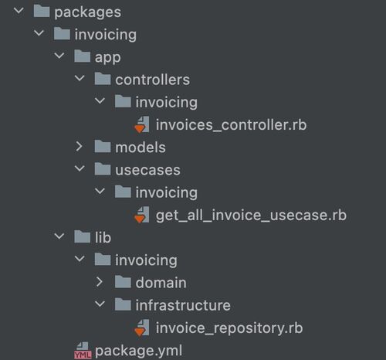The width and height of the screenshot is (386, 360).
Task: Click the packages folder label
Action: (87, 12)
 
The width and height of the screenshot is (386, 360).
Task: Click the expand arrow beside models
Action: (79, 147)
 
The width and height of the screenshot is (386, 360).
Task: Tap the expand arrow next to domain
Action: (100, 282)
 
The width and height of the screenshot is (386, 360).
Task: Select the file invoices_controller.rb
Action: (231, 125)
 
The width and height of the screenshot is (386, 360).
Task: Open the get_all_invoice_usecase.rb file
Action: (251, 215)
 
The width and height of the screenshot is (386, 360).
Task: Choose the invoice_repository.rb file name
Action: (229, 328)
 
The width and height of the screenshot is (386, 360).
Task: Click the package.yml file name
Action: (139, 351)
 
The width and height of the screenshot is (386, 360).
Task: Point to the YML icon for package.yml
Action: (83, 351)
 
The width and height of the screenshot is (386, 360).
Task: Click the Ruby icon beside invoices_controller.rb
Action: (141, 124)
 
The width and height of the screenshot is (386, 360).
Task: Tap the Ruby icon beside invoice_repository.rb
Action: (141, 328)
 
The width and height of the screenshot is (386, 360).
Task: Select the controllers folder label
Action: (152, 80)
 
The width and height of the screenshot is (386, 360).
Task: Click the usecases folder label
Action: (147, 170)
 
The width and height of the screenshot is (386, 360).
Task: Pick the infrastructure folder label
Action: (183, 305)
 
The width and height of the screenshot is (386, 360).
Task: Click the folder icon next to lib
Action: (83, 236)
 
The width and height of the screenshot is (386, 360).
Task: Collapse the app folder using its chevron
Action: (59, 56)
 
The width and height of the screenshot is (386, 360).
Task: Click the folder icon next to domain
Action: (123, 282)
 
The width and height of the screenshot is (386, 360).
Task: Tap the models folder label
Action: (141, 148)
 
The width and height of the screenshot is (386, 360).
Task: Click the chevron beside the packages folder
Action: (19, 11)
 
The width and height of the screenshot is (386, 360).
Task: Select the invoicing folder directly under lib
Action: (146, 260)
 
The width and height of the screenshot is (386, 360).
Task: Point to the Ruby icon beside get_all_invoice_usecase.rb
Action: (141, 215)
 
